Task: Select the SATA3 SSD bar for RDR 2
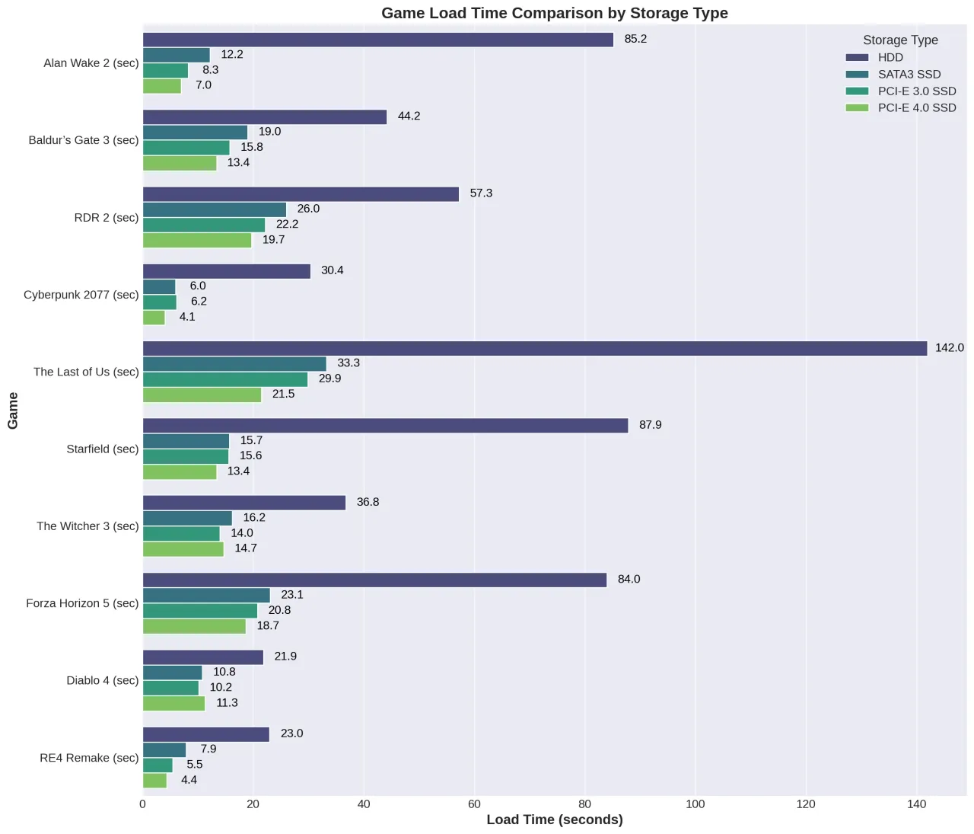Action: tap(215, 209)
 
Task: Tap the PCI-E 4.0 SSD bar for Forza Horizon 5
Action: tap(194, 626)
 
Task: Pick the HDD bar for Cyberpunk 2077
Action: tap(227, 271)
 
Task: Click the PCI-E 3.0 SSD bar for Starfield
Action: tap(186, 456)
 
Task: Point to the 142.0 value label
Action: tap(949, 348)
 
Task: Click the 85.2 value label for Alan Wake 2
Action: tap(635, 40)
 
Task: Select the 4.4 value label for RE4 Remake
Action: tap(189, 780)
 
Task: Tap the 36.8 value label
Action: tap(368, 503)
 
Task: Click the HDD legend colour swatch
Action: tap(857, 58)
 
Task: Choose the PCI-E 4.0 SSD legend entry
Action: tap(916, 108)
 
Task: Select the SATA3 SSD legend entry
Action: tap(909, 75)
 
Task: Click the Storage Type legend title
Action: tap(900, 40)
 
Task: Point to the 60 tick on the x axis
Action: tap(474, 804)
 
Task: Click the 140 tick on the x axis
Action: tap(916, 804)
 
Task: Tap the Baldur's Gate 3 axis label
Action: tap(84, 140)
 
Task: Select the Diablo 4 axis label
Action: tap(102, 680)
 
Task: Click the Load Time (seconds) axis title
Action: tap(554, 820)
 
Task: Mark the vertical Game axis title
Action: tap(13, 411)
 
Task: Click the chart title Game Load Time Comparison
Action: tap(554, 13)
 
